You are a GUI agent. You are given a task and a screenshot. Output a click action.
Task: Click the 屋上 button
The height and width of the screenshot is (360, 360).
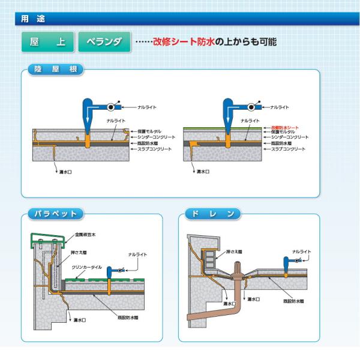(48, 42)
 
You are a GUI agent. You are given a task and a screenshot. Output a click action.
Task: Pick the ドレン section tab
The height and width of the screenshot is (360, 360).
(213, 214)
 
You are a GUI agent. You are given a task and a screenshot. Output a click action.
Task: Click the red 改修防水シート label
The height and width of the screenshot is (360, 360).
(284, 128)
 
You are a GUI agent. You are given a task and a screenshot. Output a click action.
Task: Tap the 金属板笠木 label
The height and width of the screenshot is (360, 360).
(85, 235)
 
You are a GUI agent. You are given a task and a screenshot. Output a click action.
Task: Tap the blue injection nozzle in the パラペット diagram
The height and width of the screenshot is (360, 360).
(112, 273)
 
